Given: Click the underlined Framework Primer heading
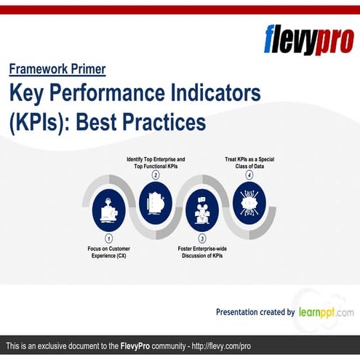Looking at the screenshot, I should pyautogui.click(x=57, y=69).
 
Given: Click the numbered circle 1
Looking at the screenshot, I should pyautogui.click(x=109, y=238).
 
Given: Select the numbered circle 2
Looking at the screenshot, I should pyautogui.click(x=155, y=175).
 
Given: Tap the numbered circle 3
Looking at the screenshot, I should pyautogui.click(x=202, y=238).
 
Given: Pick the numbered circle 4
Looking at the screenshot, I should pyautogui.click(x=249, y=175).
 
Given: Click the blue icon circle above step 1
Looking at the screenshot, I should pyautogui.click(x=109, y=207).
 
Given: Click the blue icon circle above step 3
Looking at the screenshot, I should pyautogui.click(x=202, y=207).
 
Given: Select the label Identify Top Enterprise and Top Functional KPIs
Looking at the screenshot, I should pyautogui.click(x=155, y=162).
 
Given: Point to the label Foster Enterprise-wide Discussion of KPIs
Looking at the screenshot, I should pyautogui.click(x=202, y=252).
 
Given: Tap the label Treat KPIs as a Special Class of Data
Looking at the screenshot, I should pyautogui.click(x=249, y=162).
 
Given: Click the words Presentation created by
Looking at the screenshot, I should pyautogui.click(x=255, y=312).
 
